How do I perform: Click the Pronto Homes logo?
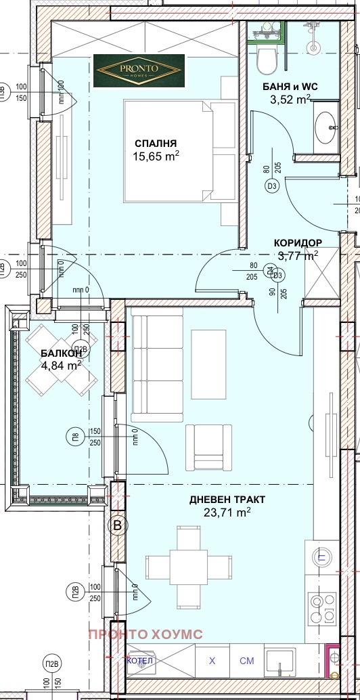point(138,70)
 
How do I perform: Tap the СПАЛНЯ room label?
point(156,143)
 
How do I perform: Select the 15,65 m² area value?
point(156,156)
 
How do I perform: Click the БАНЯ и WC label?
point(290,87)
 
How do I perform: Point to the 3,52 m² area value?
point(290,100)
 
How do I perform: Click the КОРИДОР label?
point(297,242)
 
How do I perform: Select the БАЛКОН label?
point(61,353)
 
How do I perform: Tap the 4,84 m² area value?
point(61,365)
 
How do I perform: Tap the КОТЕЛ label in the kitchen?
point(140,660)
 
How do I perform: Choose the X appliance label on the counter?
point(212,660)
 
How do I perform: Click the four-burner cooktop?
point(321,609)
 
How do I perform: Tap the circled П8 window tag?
point(77,437)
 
